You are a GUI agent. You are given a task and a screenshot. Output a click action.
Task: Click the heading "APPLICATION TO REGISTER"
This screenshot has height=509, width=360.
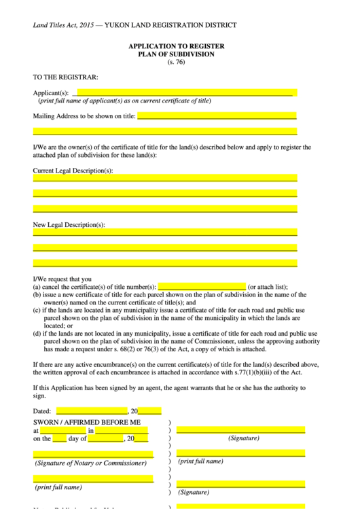point(176,46)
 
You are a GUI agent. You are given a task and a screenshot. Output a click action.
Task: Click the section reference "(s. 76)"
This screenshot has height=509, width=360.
point(176,63)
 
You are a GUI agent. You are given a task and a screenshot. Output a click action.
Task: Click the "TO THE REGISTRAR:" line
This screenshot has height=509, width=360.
point(66,77)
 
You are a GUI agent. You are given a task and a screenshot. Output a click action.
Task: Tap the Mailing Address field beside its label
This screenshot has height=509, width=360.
point(217,116)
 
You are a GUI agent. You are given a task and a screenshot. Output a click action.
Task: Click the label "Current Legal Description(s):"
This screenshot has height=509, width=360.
point(73,170)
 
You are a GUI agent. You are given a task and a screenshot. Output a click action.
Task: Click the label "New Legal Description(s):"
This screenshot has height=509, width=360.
point(69,224)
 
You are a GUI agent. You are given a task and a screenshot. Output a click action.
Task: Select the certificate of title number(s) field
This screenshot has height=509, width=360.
point(201,287)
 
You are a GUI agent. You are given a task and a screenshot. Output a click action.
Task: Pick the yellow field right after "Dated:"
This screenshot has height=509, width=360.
point(92,410)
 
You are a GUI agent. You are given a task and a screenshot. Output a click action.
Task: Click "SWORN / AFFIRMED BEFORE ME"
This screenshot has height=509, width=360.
point(87,421)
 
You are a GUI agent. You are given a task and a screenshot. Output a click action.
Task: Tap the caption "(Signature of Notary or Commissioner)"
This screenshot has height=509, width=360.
point(90,463)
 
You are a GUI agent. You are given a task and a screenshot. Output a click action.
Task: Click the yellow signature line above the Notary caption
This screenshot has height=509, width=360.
point(93,454)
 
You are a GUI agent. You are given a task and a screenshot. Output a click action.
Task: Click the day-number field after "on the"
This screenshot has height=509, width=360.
point(60,439)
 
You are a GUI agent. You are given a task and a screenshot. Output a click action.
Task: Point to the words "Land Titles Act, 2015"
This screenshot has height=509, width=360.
point(64,25)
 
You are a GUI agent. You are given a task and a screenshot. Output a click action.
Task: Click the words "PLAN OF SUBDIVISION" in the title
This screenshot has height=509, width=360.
point(176,54)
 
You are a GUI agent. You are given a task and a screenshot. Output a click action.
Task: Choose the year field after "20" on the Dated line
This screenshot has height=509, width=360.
point(149,410)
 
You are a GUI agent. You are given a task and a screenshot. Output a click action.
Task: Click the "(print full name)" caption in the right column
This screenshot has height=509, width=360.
point(200,461)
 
